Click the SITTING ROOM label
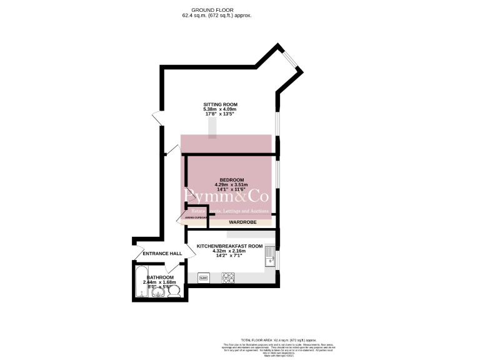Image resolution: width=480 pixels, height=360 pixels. (220, 104)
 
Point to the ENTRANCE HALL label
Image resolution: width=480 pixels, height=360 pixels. (162, 253)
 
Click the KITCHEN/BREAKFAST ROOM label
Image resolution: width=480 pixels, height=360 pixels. (229, 246)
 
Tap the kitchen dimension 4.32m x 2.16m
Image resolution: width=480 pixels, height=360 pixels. (229, 251)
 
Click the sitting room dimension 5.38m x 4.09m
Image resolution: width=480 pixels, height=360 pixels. (220, 109)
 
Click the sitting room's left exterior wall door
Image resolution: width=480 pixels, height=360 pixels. (157, 116)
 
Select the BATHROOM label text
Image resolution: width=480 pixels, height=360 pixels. (161, 277)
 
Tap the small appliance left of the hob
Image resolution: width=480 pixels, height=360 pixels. (203, 277)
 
